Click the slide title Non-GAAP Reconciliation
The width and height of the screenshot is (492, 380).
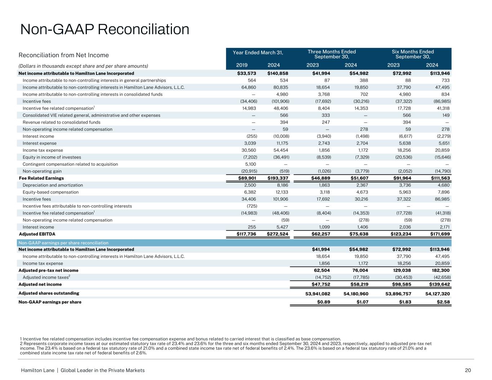(105, 29)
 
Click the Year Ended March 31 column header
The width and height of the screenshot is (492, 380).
(258, 53)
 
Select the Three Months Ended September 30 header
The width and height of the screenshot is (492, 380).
(332, 54)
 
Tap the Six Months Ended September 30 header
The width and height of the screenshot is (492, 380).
(413, 54)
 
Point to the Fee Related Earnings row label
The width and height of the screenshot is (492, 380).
(41, 178)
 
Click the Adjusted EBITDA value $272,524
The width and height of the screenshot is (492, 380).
(278, 234)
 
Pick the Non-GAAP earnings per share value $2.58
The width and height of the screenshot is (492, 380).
(442, 302)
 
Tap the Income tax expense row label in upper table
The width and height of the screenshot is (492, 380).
(43, 150)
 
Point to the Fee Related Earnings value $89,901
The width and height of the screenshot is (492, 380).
(247, 178)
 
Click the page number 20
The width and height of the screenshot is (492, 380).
(468, 370)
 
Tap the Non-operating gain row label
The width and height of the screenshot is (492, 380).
(42, 171)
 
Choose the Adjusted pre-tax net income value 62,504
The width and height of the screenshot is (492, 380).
(322, 270)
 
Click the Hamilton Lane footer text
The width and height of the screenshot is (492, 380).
(83, 370)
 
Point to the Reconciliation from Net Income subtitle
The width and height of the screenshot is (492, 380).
(63, 55)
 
